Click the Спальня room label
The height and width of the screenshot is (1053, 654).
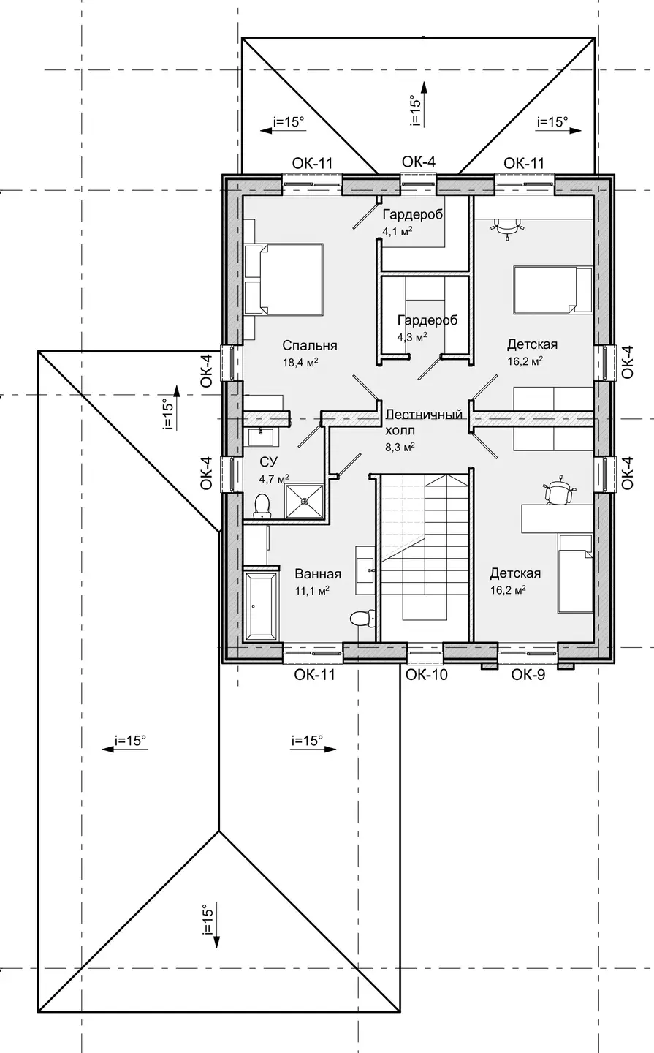(310, 345)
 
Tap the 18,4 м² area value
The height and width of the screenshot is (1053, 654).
(301, 361)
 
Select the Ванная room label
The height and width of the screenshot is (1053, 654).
(318, 574)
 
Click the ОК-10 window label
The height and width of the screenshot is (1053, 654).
(427, 675)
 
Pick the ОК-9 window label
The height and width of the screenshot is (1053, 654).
(528, 675)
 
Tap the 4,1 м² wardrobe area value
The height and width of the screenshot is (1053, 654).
(398, 231)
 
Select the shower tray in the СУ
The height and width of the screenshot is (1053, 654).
(305, 501)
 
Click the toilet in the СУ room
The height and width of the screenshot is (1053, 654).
(261, 506)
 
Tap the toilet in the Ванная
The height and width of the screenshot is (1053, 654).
(362, 618)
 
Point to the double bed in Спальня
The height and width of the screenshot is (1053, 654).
(284, 279)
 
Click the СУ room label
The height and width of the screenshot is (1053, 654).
(269, 462)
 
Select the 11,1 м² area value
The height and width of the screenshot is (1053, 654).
(312, 590)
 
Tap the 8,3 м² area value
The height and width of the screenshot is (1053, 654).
(400, 447)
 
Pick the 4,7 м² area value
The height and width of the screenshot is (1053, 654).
(274, 479)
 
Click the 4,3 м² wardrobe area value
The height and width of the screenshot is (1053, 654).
(412, 337)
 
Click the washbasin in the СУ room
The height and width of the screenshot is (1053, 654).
(261, 437)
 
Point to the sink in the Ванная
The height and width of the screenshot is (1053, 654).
(365, 570)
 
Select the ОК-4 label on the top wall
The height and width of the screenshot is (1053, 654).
(419, 162)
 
